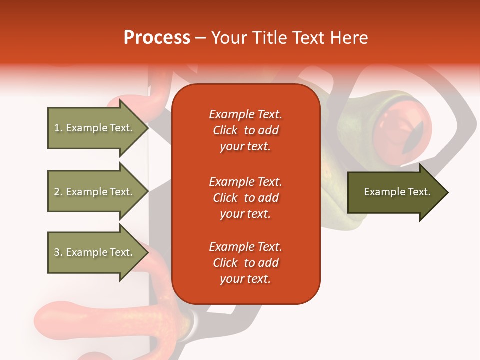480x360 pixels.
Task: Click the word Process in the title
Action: click(x=157, y=38)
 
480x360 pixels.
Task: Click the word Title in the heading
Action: click(x=270, y=38)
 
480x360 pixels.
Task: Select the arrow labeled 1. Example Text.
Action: click(x=95, y=128)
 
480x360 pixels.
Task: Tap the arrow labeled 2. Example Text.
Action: click(x=95, y=192)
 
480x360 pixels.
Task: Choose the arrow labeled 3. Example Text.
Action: click(x=95, y=252)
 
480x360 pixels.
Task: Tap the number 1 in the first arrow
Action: click(x=56, y=128)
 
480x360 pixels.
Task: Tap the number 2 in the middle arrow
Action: click(x=57, y=192)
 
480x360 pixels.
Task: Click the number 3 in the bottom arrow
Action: click(x=57, y=252)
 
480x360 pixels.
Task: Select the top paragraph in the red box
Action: click(x=245, y=130)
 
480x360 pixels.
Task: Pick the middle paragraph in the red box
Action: click(x=245, y=198)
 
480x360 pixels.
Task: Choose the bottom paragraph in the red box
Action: click(x=245, y=263)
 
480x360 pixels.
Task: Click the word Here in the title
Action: click(x=349, y=38)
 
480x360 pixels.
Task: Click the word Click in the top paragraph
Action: click(x=225, y=130)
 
